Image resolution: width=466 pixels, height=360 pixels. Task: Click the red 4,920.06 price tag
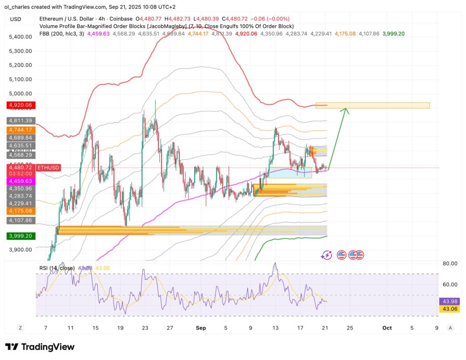tap(19, 106)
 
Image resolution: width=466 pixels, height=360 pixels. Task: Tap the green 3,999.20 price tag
tap(19, 236)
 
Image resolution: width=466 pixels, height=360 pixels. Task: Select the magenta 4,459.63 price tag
tap(19, 181)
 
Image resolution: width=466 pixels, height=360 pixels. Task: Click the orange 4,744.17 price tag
tap(19, 130)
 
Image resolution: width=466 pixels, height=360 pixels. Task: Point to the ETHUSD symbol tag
tap(48, 168)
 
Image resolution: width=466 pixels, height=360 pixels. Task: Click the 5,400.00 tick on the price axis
tap(20, 36)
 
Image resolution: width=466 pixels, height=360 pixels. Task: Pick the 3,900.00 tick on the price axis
tap(20, 250)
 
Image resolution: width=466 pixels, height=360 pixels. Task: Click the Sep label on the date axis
tap(200, 328)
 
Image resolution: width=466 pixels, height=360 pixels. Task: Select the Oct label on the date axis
tap(387, 328)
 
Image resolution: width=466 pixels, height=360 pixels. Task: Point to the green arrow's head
tap(347, 109)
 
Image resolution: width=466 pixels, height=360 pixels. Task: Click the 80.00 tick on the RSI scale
tap(450, 264)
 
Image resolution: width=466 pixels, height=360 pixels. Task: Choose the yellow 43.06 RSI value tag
tap(450, 309)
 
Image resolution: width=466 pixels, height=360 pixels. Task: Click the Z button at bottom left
tap(20, 328)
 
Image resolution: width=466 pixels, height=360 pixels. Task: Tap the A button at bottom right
tap(450, 328)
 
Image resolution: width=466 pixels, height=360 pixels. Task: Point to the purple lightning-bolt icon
tap(326, 255)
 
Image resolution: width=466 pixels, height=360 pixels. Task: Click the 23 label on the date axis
tap(144, 328)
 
